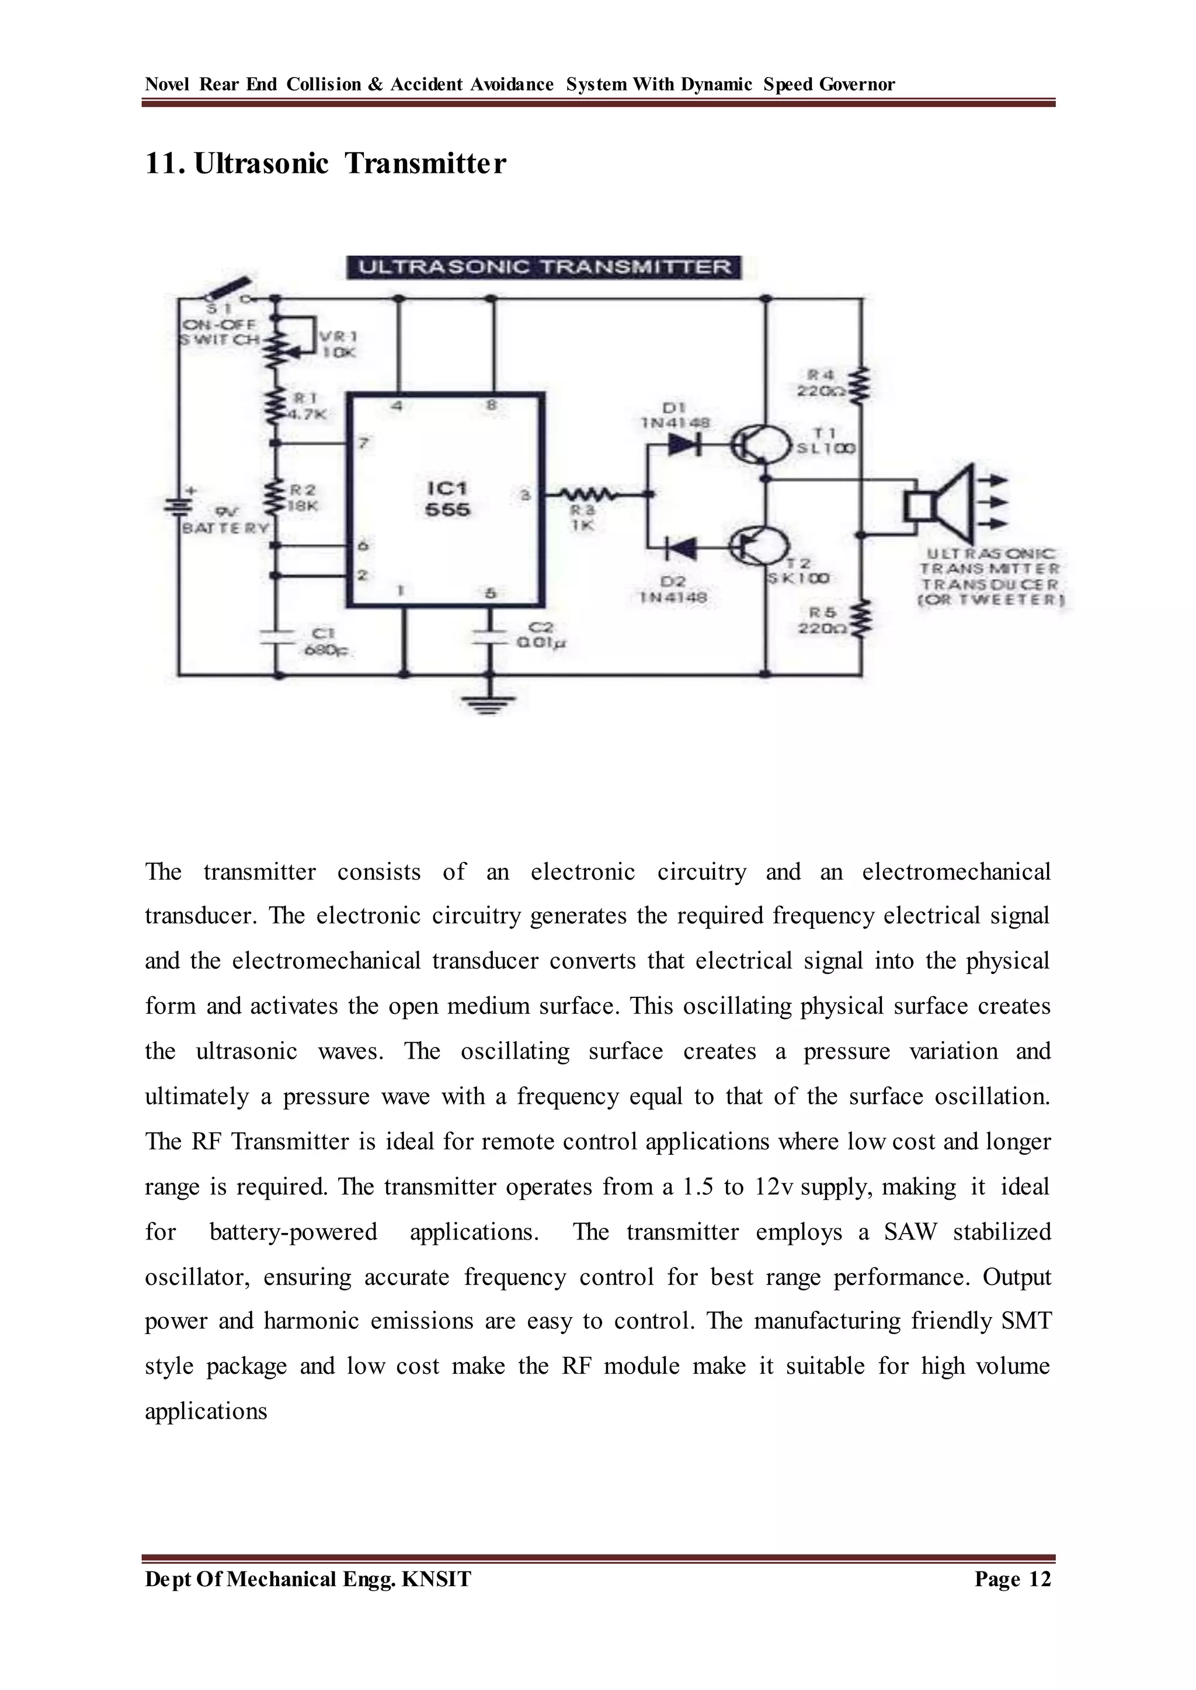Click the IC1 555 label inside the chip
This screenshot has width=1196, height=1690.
[x=447, y=499]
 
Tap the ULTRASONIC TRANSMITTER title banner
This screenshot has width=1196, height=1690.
[x=544, y=267]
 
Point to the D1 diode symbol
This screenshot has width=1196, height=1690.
[x=683, y=445]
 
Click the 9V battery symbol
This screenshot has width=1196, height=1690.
[x=178, y=507]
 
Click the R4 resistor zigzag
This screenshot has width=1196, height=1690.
[x=861, y=384]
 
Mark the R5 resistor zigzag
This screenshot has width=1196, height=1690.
[x=861, y=619]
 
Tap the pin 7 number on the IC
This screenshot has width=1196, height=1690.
[x=363, y=444]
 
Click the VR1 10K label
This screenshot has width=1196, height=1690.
[x=338, y=344]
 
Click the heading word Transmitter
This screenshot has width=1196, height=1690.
[x=426, y=163]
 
